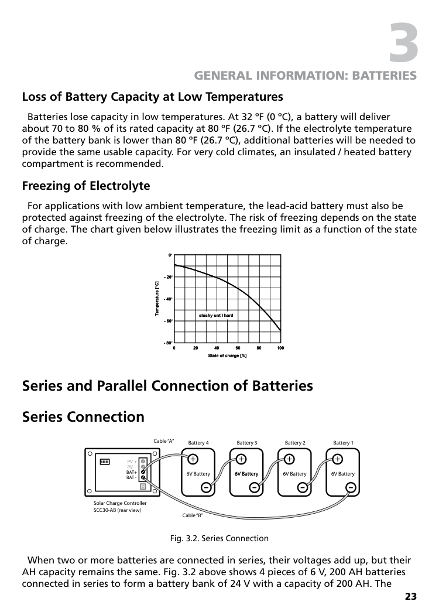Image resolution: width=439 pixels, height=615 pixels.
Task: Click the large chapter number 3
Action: [x=404, y=42]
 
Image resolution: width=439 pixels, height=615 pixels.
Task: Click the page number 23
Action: [x=410, y=597]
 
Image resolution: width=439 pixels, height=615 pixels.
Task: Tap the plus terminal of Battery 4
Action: [x=192, y=459]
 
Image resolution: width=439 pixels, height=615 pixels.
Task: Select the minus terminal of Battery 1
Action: [x=350, y=487]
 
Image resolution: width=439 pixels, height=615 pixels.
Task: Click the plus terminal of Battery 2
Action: [x=289, y=459]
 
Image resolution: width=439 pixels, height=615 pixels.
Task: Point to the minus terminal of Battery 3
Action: [x=255, y=487]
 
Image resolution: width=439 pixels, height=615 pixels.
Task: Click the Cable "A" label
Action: [x=164, y=441]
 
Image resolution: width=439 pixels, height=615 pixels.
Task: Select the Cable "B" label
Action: [x=193, y=515]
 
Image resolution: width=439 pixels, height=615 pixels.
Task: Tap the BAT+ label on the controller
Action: [x=132, y=472]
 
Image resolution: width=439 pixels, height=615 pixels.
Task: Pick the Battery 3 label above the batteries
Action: [x=247, y=443]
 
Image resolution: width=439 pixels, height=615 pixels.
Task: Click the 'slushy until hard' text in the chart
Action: [x=216, y=316]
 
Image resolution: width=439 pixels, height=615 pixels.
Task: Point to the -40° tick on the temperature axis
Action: [x=169, y=299]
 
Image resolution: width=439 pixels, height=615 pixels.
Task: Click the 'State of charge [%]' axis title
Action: [x=227, y=356]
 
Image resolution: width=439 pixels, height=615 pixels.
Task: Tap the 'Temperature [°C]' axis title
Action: [x=157, y=299]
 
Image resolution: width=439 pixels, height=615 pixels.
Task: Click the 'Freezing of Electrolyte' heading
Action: [x=86, y=186]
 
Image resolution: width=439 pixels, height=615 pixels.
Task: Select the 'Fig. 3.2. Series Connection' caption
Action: [x=219, y=538]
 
